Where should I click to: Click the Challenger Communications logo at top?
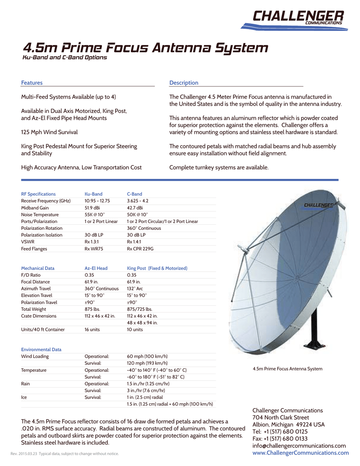[298, 19]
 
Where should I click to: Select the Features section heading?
[32, 83]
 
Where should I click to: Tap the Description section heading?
[184, 83]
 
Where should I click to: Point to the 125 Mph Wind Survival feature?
[49, 132]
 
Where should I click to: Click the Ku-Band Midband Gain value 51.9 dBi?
[93, 208]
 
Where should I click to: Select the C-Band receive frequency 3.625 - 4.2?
[137, 201]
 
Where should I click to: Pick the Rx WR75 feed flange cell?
[94, 249]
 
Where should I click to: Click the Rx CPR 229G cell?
[140, 249]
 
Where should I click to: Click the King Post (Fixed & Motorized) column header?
[157, 268]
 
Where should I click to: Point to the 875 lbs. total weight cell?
[92, 309]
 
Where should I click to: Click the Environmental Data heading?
[41, 349]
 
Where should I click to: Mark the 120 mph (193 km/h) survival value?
[147, 363]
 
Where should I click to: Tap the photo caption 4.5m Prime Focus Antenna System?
[288, 369]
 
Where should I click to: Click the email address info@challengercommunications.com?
[299, 446]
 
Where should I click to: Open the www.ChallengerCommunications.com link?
[300, 453]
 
